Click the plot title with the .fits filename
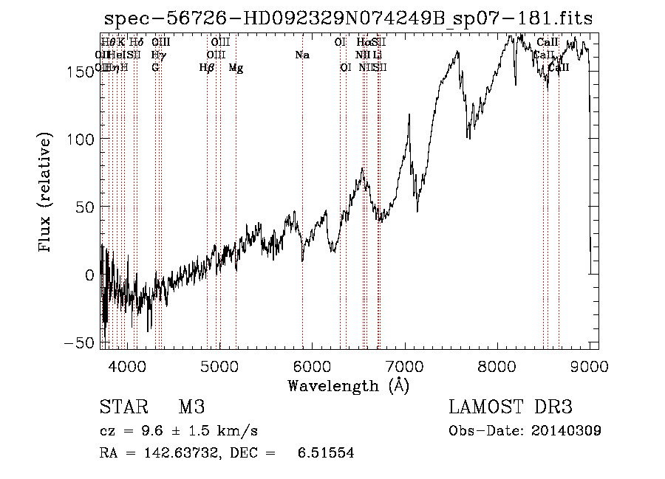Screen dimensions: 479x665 click(x=348, y=18)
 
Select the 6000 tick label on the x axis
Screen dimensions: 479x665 click(x=313, y=365)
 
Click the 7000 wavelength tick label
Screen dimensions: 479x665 click(x=406, y=365)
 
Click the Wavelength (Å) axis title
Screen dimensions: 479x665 click(x=348, y=385)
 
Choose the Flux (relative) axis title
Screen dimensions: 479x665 click(x=46, y=193)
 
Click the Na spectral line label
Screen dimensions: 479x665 click(x=301, y=55)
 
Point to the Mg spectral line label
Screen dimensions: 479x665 click(x=236, y=68)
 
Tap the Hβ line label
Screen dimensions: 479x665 click(x=207, y=68)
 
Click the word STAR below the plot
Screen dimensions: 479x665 click(x=121, y=407)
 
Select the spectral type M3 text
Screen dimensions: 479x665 click(x=191, y=407)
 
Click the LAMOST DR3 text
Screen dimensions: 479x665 click(x=510, y=407)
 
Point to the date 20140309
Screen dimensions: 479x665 click(x=567, y=431)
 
